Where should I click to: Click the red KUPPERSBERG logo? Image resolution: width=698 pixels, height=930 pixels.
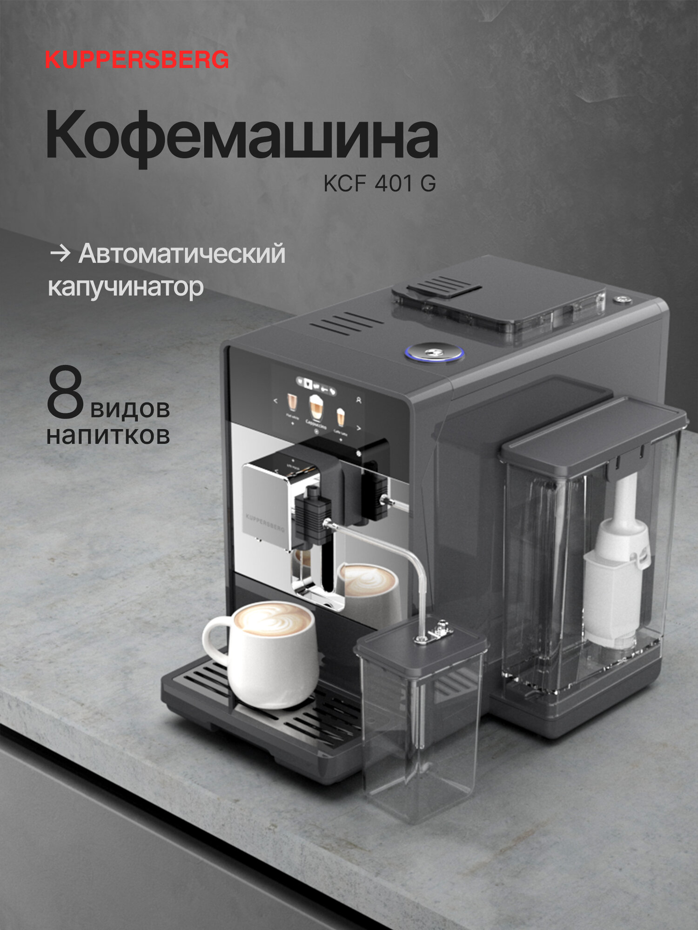pos(137,60)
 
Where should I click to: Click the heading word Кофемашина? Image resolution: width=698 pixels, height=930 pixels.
pos(242,136)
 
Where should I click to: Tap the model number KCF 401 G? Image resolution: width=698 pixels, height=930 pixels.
pos(380,184)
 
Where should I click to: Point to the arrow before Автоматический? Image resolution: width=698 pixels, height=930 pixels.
pos(60,254)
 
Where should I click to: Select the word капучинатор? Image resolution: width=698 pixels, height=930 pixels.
pos(126,287)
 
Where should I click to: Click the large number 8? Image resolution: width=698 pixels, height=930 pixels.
pos(65,393)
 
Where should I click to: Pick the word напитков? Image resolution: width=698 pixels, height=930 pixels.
pos(108,436)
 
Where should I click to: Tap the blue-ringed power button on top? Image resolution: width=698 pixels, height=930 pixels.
pos(434,352)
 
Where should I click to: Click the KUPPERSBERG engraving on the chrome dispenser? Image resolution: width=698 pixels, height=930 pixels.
pos(264,521)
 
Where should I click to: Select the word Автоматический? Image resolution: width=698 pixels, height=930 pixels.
pos(181,254)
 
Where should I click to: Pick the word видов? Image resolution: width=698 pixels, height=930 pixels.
pos(130,409)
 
